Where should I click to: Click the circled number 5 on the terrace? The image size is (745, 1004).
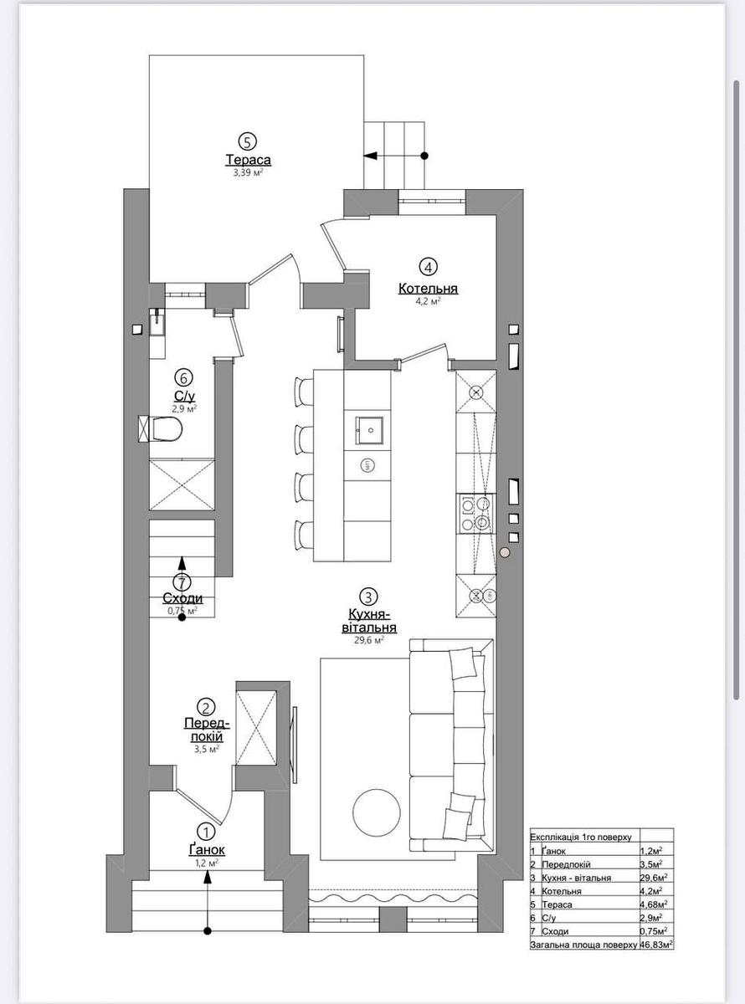(x=247, y=141)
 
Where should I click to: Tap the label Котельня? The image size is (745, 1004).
(x=428, y=289)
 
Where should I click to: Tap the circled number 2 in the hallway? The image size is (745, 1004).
(x=208, y=708)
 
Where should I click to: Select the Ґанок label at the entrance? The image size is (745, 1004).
(x=207, y=850)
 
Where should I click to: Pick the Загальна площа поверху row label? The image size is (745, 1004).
(x=583, y=945)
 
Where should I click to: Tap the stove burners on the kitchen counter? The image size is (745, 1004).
(x=475, y=513)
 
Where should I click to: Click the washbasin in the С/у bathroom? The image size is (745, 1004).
(x=157, y=321)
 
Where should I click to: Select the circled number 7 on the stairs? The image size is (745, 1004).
(x=183, y=582)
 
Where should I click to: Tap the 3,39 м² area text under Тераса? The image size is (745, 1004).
(x=249, y=173)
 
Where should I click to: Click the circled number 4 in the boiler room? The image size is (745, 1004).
(x=428, y=268)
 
